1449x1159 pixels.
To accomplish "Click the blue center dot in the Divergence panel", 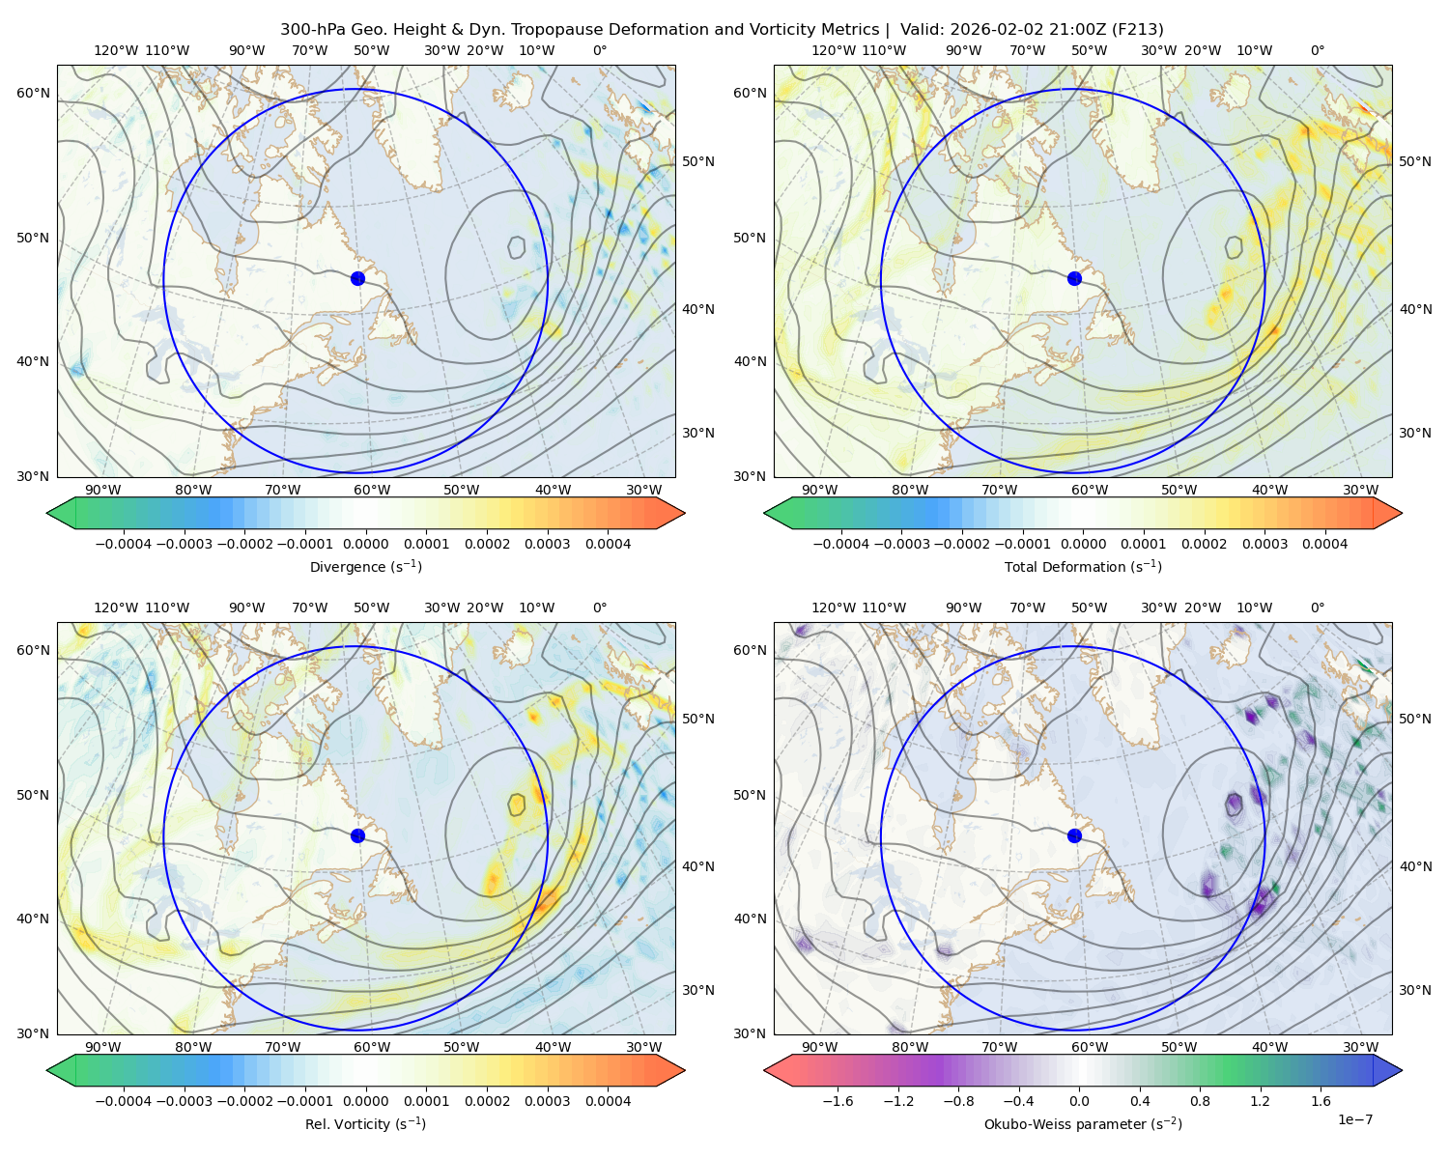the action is (x=357, y=279).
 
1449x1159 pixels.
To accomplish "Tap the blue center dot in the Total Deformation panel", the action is (x=1074, y=279).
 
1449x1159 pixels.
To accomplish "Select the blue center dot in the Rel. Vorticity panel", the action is (x=357, y=835).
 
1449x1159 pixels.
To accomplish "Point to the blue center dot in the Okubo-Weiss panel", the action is (x=1074, y=835).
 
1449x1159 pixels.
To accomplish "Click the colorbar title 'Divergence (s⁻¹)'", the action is (x=365, y=566).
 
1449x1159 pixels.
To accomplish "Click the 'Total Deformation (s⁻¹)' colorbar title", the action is (x=1083, y=566).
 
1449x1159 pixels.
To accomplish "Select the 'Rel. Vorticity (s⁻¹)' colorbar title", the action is (x=365, y=1124).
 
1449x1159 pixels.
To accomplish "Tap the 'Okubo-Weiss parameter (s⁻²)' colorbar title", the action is (x=1083, y=1124).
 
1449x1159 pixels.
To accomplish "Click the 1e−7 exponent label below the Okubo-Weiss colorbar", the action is (x=1354, y=1119).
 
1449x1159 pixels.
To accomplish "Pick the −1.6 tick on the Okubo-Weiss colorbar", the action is (x=838, y=1101).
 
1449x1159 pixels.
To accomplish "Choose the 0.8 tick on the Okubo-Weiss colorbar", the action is (x=1200, y=1101).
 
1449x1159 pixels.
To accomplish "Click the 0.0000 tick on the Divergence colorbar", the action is (x=365, y=544).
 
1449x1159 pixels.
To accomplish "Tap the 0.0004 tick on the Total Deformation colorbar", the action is (x=1324, y=544).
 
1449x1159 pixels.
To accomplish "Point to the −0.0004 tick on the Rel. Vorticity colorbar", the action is (x=124, y=1101).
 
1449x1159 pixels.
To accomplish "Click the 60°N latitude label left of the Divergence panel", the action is (x=33, y=93).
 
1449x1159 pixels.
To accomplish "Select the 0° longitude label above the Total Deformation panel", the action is (x=1317, y=50).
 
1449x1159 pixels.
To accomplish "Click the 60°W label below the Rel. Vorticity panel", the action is (x=372, y=1047).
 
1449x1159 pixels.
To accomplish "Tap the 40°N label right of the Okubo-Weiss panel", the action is (x=1414, y=866).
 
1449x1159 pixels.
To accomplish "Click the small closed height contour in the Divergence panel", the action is (x=517, y=247).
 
